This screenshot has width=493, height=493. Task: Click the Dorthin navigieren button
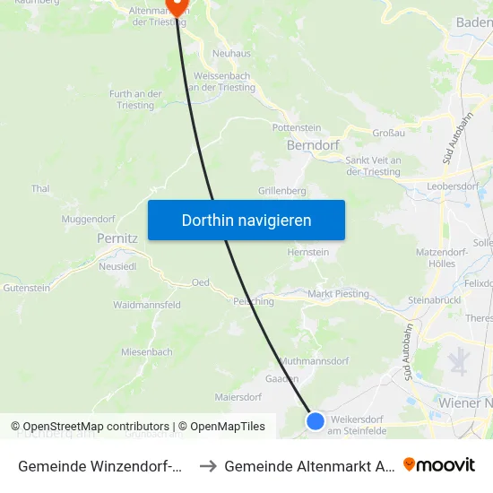[246, 221]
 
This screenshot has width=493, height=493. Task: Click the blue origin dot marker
[316, 420]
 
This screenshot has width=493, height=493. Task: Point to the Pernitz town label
[117, 239]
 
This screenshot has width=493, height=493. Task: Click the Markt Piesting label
[338, 294]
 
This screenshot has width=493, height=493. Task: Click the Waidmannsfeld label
[147, 305]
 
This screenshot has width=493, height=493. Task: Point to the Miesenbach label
[147, 352]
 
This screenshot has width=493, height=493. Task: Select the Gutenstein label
[27, 288]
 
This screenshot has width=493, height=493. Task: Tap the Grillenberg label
[282, 191]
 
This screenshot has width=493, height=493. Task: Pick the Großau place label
[390, 133]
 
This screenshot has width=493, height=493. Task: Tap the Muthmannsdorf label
[314, 361]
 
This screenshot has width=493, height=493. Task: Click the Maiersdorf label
[238, 396]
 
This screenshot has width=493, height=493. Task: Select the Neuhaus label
[231, 54]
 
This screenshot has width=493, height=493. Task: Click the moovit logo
[439, 465]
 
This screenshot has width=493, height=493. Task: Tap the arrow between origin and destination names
[207, 466]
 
